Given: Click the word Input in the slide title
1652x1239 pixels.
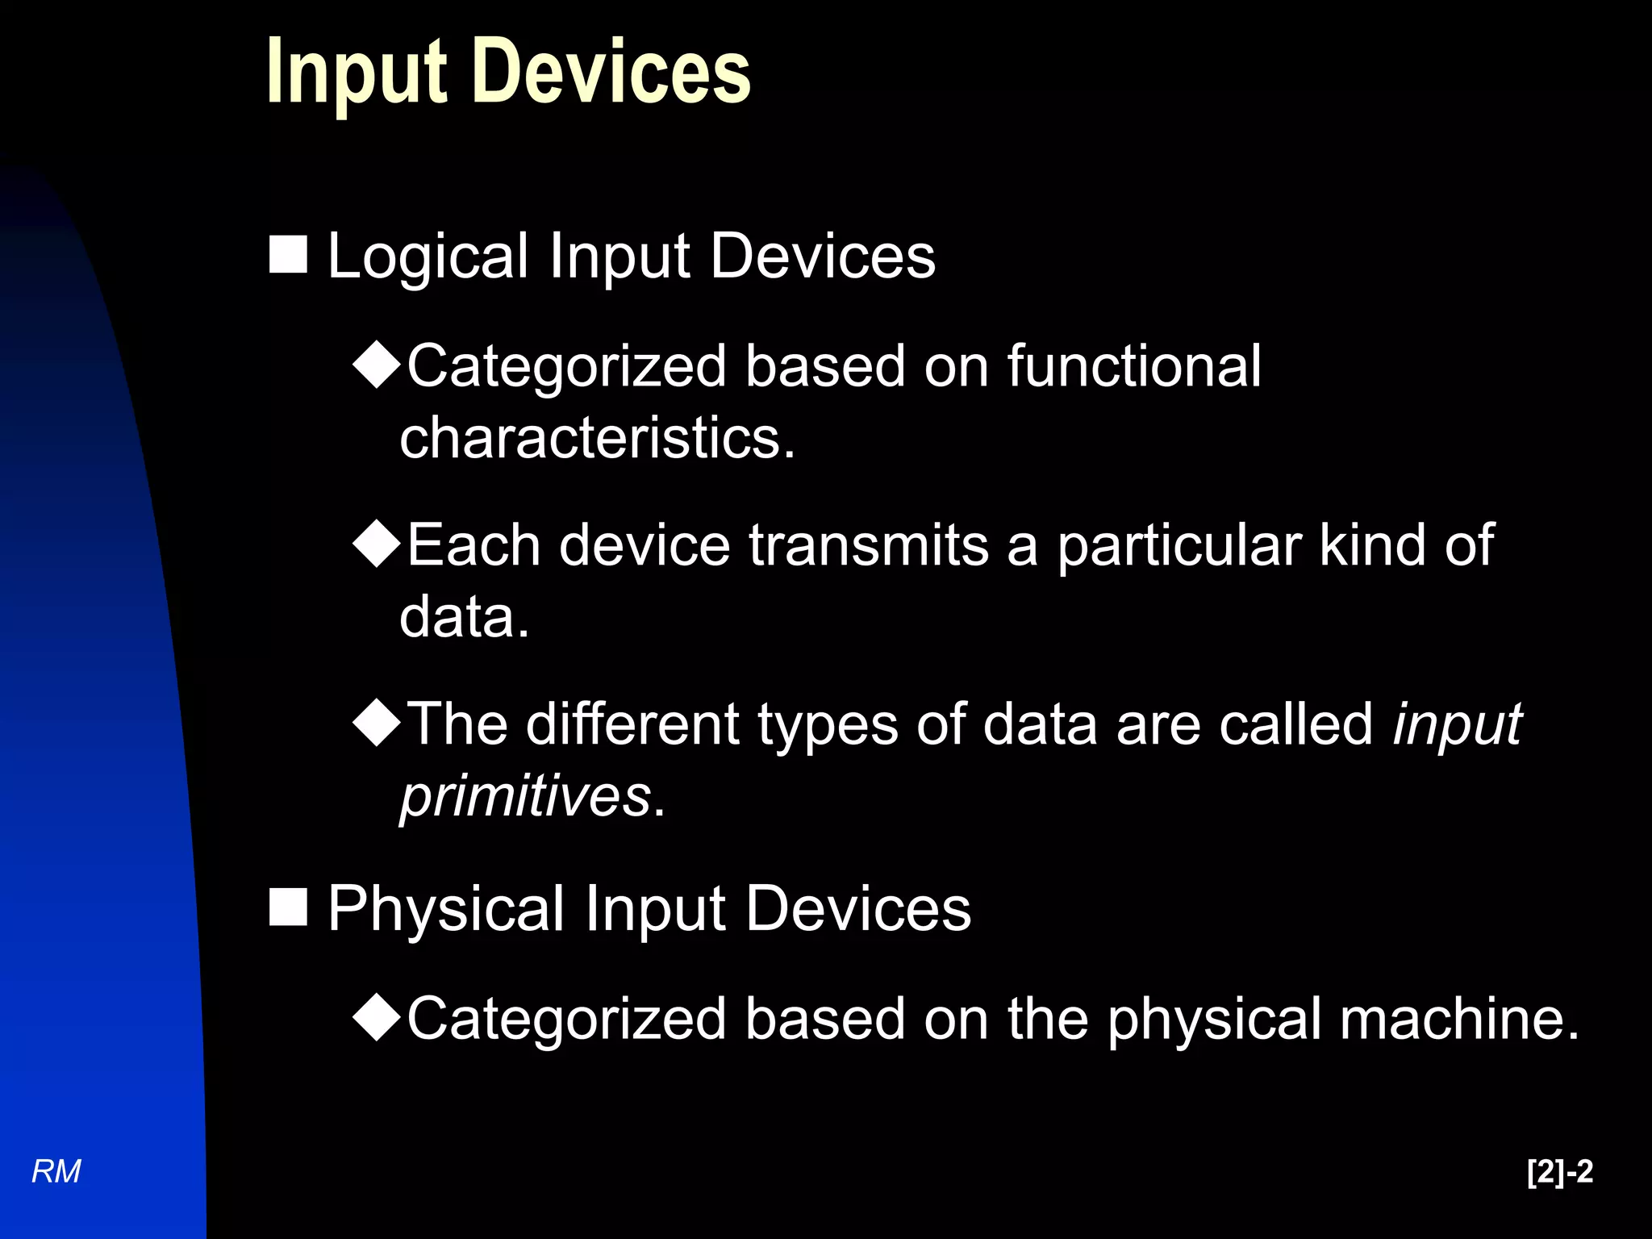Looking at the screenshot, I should coord(357,73).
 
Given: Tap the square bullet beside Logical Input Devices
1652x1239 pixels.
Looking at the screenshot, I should coord(288,255).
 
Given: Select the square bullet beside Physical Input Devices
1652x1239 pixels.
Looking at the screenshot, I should coord(288,907).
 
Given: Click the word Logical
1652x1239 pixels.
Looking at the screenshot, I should coord(428,257).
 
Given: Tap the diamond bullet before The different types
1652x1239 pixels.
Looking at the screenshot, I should coord(377,723).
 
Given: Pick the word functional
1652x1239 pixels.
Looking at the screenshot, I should coord(1133,366).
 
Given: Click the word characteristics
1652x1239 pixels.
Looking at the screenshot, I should coord(597,438).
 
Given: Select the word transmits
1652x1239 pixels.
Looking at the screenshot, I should coord(869,545).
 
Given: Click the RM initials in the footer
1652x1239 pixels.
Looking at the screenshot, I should coord(56,1171).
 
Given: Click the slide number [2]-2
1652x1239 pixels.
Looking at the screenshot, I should coord(1559,1171).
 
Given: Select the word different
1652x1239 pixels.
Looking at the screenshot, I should coord(632,724).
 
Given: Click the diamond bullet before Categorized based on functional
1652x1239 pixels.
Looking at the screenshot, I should coord(377,365).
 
